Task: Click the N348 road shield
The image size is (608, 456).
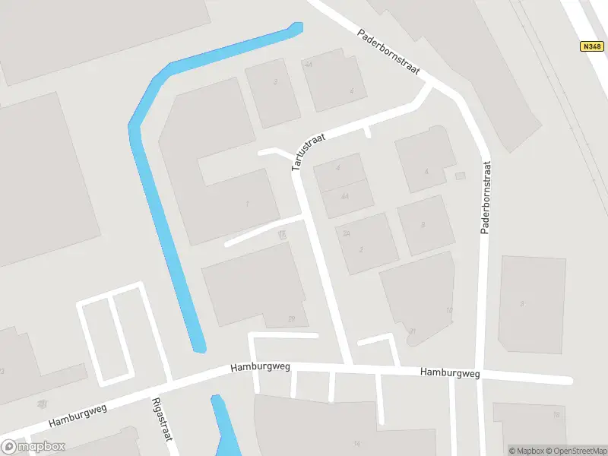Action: point(591,46)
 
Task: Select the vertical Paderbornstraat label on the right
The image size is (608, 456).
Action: point(484,198)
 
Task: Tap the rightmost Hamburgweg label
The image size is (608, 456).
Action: point(451,372)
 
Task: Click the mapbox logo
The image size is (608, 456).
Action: point(33,447)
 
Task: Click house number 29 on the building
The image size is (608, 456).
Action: point(291,318)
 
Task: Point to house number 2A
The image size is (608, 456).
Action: point(346,233)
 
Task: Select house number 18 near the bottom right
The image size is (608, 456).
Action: point(556,415)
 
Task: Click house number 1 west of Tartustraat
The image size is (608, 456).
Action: point(247,204)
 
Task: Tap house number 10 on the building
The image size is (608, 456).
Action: point(449,310)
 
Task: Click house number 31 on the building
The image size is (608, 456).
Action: point(412,331)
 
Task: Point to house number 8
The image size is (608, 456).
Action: point(423,225)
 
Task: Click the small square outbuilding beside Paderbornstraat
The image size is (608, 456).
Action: point(459,176)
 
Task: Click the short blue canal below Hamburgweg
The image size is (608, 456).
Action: point(222,426)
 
